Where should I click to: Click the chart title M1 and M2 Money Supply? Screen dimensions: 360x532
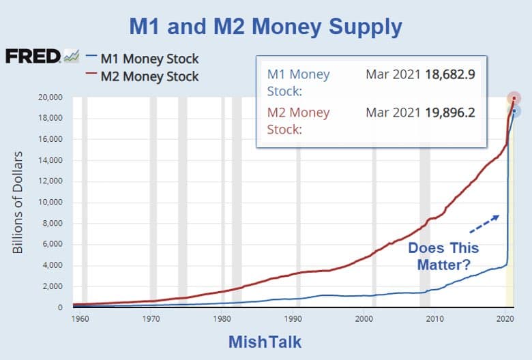point(266,27)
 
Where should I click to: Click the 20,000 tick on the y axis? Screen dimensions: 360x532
point(52,97)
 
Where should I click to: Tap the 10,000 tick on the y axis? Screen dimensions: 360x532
point(52,202)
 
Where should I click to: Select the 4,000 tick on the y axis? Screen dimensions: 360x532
point(54,266)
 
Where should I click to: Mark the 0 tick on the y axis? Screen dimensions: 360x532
point(61,308)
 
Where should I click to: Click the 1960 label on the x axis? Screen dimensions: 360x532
point(79,318)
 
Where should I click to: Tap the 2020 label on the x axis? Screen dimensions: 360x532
point(505,318)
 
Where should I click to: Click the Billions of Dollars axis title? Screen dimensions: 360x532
point(18,202)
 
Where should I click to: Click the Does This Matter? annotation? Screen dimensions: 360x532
point(443,256)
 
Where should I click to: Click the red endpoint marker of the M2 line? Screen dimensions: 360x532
point(513,99)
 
